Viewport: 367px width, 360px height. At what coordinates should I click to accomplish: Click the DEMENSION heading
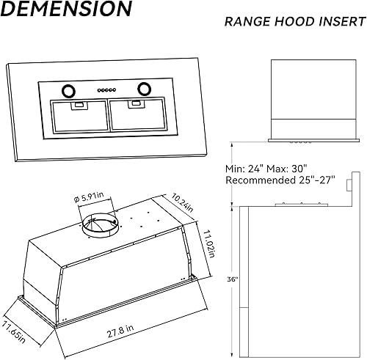tap(66, 8)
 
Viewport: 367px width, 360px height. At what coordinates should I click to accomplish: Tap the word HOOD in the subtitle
tap(294, 21)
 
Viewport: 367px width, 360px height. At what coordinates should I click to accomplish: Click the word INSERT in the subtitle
tap(342, 21)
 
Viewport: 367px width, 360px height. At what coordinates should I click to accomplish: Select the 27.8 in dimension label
tap(120, 331)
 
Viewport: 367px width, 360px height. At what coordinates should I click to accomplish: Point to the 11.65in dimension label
tap(14, 331)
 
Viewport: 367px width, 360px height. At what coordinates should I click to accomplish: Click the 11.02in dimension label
tap(209, 243)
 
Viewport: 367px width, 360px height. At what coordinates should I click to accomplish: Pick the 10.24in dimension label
tap(182, 202)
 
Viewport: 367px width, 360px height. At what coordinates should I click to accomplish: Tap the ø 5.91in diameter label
tap(89, 196)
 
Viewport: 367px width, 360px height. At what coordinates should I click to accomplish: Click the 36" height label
tap(233, 279)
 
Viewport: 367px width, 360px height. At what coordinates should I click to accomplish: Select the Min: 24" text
tap(244, 169)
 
